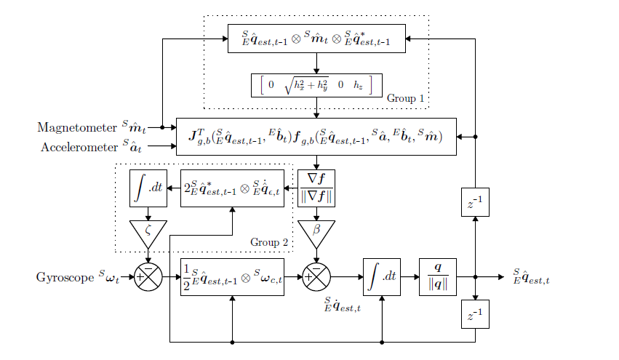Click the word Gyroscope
64,277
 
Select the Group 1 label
404,97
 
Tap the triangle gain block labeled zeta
148,232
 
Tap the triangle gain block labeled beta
316,232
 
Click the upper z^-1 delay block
474,202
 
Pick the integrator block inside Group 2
148,188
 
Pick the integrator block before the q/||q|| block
382,277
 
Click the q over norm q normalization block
438,277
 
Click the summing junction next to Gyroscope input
148,277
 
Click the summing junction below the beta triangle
316,277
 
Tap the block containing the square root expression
316,85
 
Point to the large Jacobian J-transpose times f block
316,136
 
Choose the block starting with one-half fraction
231,277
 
